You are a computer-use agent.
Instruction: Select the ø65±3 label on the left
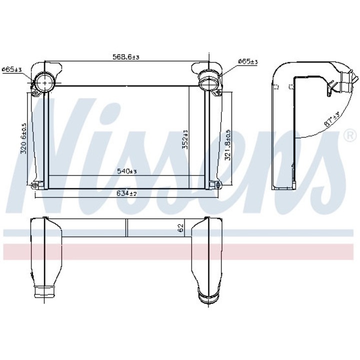point(12,69)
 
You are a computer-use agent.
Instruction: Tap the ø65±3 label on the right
point(247,61)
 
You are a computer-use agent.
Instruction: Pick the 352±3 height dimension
point(184,138)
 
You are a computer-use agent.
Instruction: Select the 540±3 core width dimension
point(127,171)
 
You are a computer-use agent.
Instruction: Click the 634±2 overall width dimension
point(127,193)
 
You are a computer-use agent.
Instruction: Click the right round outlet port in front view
point(207,80)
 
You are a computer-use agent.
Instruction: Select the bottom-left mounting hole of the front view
point(34,186)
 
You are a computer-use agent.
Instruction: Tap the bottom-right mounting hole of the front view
point(218,185)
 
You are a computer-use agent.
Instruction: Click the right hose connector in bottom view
point(205,294)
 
